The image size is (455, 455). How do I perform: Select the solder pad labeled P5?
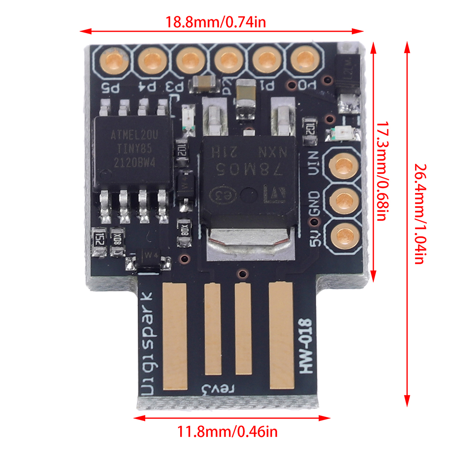[112, 60]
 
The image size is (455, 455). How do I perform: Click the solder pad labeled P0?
[303, 60]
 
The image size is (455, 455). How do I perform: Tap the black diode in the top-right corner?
[348, 73]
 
